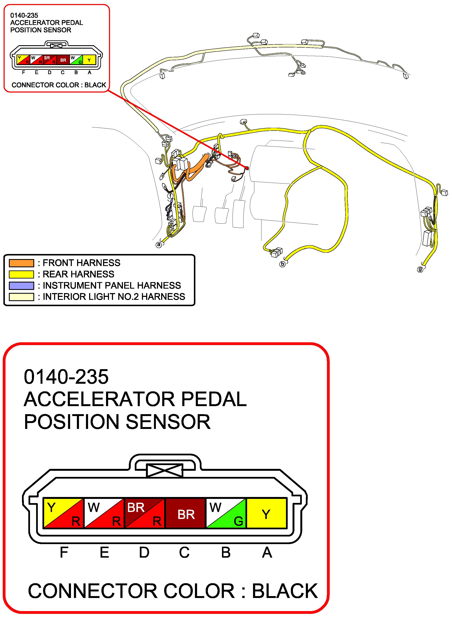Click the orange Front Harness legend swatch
click(21, 263)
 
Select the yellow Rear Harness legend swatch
click(21, 274)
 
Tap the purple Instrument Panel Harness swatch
click(21, 285)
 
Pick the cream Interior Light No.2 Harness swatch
click(21, 297)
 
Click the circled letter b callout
click(282, 264)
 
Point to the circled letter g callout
click(420, 269)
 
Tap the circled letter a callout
click(159, 244)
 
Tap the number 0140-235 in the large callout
click(66, 377)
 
